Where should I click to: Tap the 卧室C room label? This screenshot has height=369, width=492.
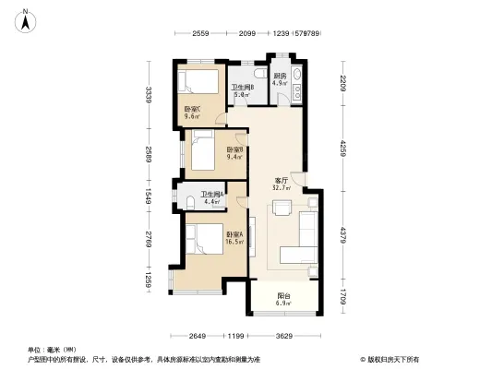193,113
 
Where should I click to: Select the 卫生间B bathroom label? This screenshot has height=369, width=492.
243,90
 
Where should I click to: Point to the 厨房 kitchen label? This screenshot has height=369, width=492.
280,78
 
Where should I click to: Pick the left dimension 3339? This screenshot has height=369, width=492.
148,95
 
